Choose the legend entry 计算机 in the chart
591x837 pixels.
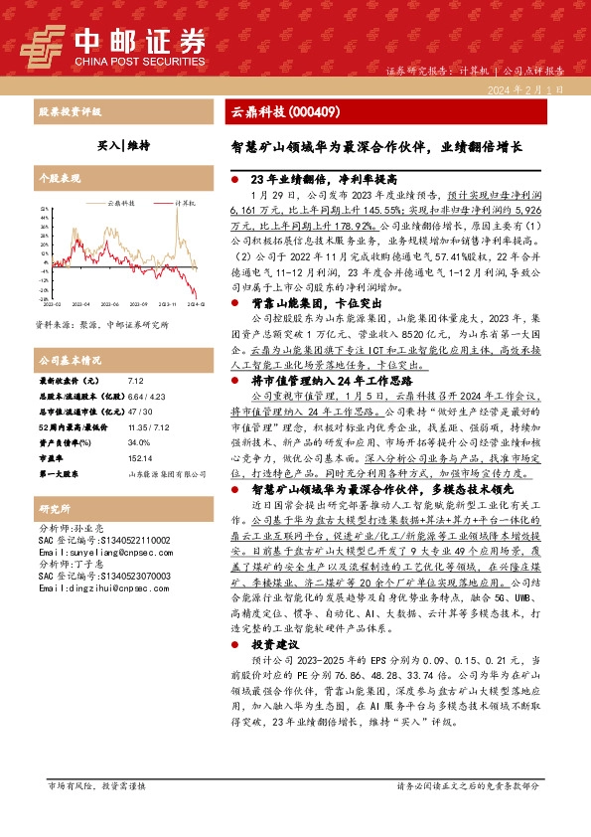coord(185,202)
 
